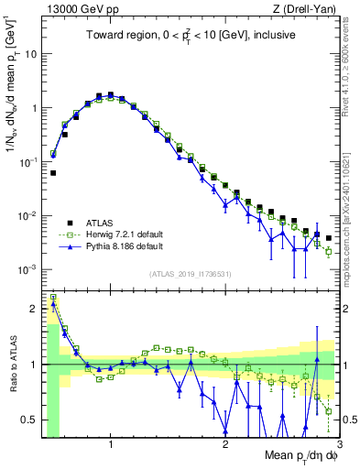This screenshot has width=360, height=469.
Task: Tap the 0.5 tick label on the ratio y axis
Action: [x=27, y=420]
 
